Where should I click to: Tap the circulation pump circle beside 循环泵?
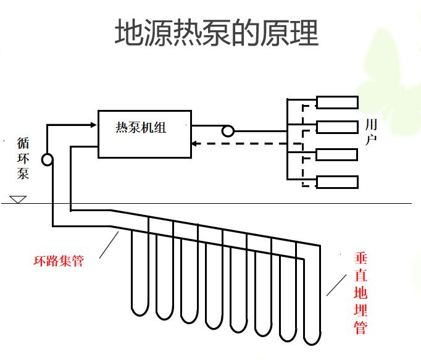click(47, 160)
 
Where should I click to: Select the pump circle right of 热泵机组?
click(228, 131)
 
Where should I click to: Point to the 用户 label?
click(371, 133)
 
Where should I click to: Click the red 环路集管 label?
click(58, 261)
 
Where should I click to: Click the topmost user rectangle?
click(337, 103)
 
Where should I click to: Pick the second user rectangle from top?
click(337, 127)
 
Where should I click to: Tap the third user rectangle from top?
click(337, 154)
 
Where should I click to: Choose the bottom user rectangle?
click(337, 182)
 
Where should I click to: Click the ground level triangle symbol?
click(17, 199)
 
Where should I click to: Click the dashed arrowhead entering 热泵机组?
click(195, 144)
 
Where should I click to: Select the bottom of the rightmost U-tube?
click(311, 338)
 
